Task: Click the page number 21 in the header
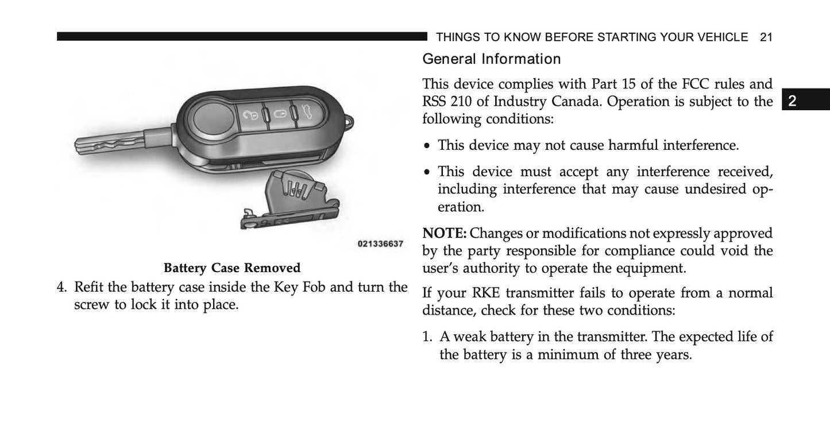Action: [x=766, y=37]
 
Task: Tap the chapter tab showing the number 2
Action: [x=792, y=102]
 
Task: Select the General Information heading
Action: [x=491, y=59]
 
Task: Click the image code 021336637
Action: [x=380, y=244]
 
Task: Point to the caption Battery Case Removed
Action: [x=232, y=268]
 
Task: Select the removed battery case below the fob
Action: [x=287, y=201]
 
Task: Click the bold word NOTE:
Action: [x=445, y=234]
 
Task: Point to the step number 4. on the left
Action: [x=63, y=286]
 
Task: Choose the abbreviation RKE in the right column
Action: [x=484, y=293]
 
